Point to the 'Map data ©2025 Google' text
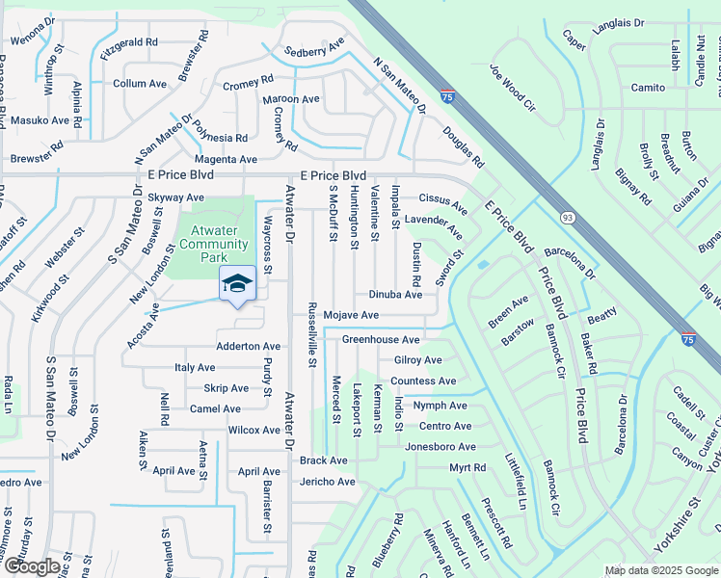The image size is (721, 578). (661, 570)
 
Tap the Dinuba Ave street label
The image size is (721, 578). (395, 295)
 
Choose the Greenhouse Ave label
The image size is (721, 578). (381, 340)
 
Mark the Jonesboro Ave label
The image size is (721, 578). (441, 447)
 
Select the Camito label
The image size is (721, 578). (648, 88)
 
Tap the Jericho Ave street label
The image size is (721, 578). (327, 482)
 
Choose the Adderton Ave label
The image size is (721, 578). (248, 346)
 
